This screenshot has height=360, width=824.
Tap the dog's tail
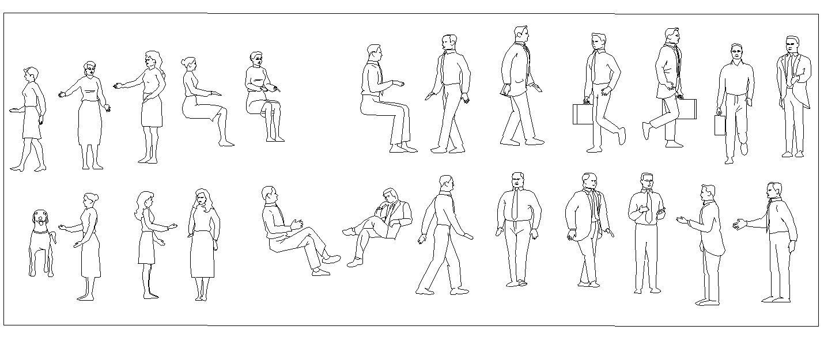(x=54, y=237)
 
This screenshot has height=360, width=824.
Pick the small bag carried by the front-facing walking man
(x=720, y=125)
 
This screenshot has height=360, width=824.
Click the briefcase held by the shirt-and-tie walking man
(x=583, y=114)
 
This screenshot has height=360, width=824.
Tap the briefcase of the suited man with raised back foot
(x=687, y=109)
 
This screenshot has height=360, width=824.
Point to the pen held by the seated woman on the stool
(x=277, y=89)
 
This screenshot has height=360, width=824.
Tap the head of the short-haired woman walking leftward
(x=31, y=74)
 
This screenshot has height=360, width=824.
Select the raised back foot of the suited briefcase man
(x=646, y=131)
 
